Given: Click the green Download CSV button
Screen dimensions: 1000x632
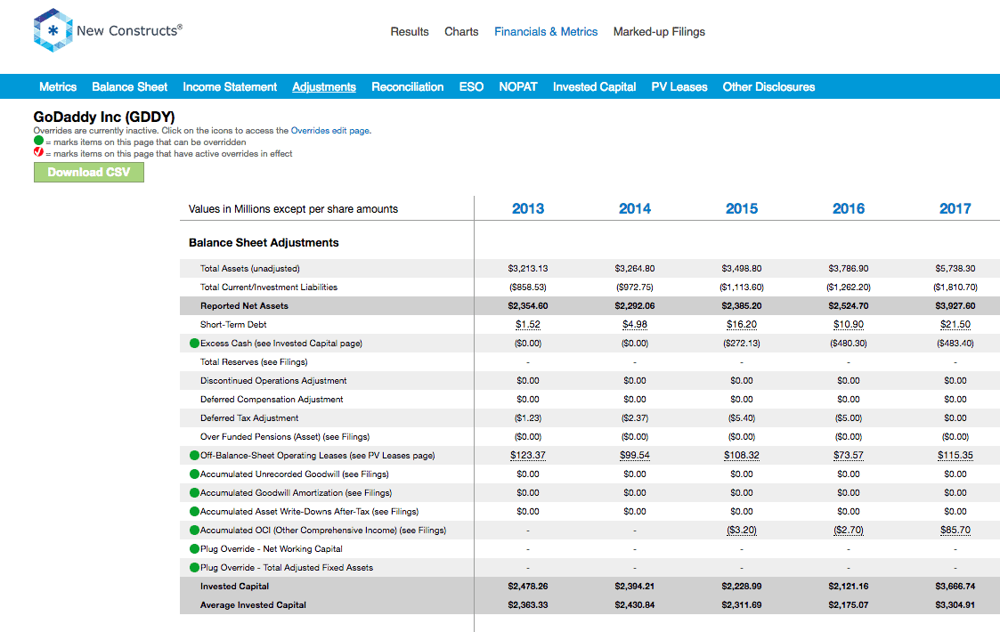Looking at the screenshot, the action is click(x=89, y=172).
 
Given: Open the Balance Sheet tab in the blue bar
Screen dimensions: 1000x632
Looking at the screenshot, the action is click(x=129, y=86).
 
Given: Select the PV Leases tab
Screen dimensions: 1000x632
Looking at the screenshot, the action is click(x=679, y=86).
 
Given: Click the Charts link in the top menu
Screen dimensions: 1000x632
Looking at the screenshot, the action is click(x=461, y=31).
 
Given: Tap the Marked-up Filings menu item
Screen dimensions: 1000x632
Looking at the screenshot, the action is click(x=660, y=32).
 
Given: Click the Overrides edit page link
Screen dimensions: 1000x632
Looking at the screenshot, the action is click(x=330, y=131).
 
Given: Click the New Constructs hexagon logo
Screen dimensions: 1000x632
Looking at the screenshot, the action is click(x=53, y=30).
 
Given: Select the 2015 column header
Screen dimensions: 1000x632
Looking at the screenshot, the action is click(x=742, y=208).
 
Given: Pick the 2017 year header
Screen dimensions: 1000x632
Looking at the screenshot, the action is click(x=955, y=208).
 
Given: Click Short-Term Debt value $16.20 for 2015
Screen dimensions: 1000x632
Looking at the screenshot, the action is click(x=742, y=325).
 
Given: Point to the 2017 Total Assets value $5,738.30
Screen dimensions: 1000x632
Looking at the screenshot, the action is click(x=955, y=269).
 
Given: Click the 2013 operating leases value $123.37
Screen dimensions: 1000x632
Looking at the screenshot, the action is click(x=528, y=456).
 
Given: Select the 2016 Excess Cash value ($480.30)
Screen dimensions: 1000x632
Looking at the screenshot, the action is click(x=849, y=343).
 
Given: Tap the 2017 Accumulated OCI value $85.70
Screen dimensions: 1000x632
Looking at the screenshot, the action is click(x=955, y=530).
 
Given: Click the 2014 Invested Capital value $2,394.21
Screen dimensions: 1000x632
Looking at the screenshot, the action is click(x=635, y=586).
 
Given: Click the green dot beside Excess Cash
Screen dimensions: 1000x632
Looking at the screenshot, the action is click(x=194, y=343).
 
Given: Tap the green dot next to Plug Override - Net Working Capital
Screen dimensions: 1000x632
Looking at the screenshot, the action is click(x=194, y=548).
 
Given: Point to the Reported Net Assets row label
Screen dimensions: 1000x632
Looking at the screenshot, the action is click(x=244, y=306).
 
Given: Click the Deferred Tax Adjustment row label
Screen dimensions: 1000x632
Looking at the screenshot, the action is click(x=249, y=418).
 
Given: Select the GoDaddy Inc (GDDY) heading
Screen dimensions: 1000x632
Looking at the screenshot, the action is click(x=104, y=117).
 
